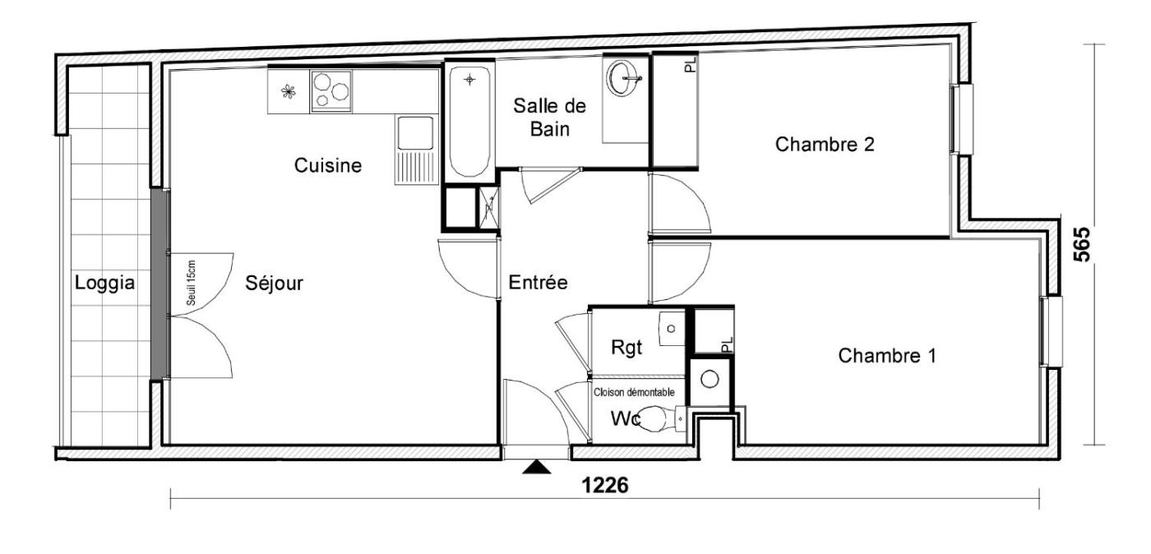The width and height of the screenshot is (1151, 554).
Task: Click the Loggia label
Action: (x=105, y=284)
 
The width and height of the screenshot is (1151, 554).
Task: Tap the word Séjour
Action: (x=274, y=284)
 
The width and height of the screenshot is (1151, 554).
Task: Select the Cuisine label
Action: (x=328, y=165)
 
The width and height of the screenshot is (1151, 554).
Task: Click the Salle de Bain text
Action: (x=549, y=118)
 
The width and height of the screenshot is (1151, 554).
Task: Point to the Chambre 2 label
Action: (x=825, y=145)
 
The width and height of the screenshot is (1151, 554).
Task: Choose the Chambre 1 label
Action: (x=887, y=356)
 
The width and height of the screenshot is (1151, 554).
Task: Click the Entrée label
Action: (x=538, y=282)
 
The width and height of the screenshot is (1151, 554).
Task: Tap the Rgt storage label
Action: (x=626, y=348)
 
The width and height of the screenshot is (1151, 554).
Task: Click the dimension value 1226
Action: (x=605, y=485)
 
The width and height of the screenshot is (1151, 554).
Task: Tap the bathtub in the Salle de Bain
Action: (x=469, y=122)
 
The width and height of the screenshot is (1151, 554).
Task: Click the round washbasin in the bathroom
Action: (x=624, y=79)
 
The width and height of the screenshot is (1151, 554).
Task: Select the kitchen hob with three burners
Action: (x=331, y=91)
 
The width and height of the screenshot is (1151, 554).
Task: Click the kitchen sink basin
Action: (x=414, y=132)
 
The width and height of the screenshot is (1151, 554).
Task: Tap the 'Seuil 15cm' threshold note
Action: (x=191, y=284)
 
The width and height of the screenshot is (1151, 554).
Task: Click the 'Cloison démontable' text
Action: (x=634, y=393)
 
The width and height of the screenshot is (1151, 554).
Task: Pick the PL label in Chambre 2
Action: (x=691, y=64)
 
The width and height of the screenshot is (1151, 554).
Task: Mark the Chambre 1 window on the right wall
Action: (x=1052, y=331)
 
